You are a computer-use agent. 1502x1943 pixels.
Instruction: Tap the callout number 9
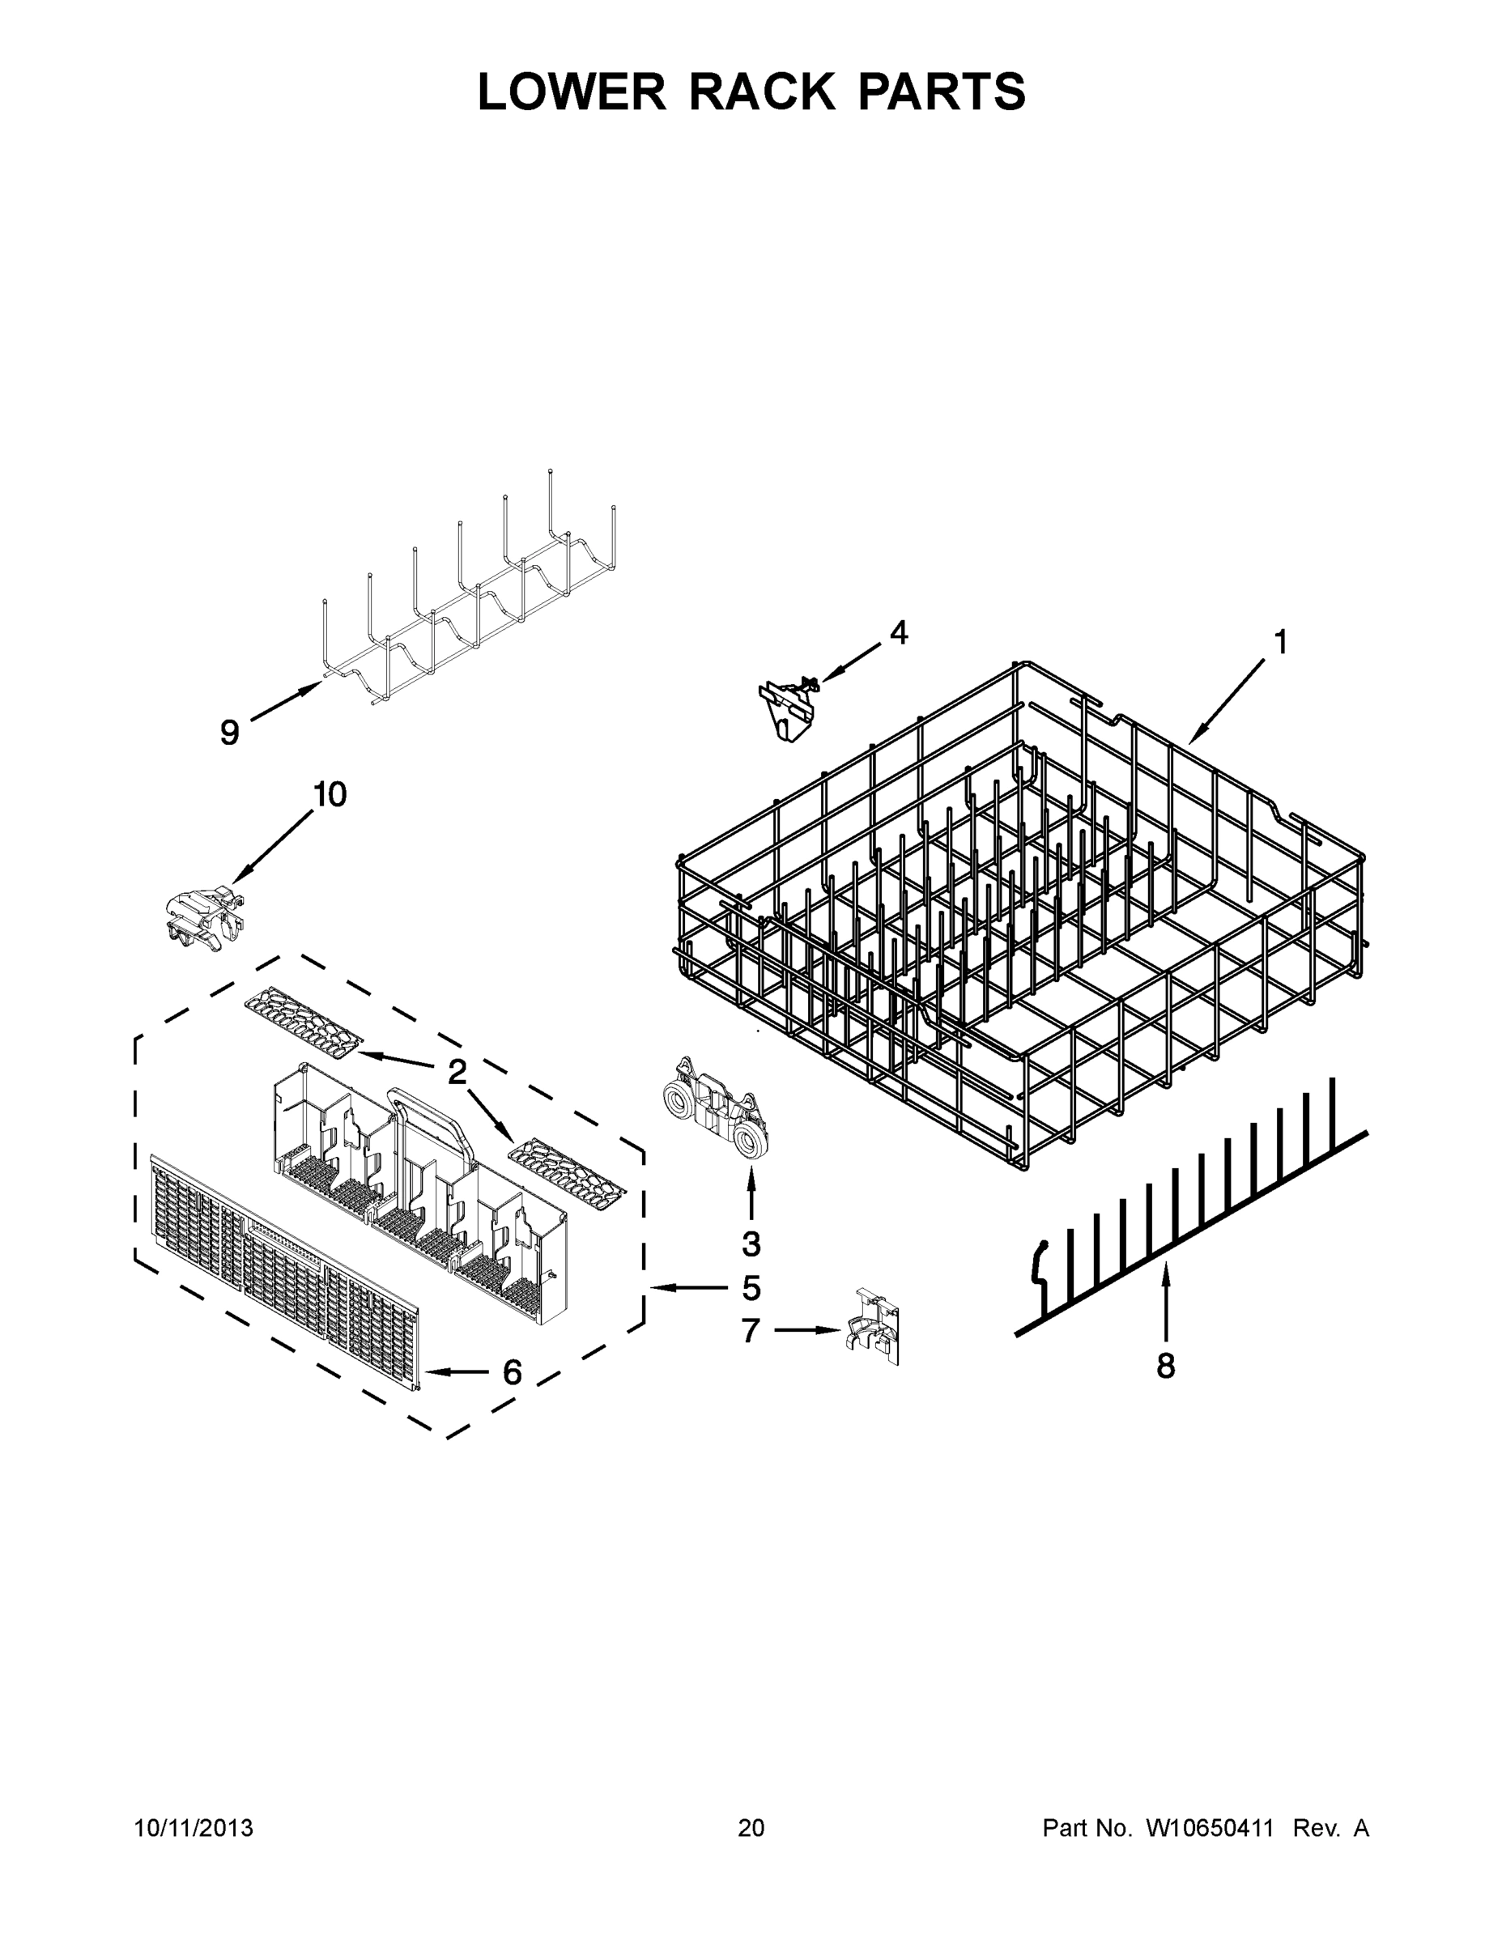click(x=230, y=733)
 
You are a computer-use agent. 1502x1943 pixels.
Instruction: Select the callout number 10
click(x=330, y=794)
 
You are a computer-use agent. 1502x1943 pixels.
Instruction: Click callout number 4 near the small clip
click(x=899, y=633)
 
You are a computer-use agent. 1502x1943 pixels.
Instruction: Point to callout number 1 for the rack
click(x=1280, y=642)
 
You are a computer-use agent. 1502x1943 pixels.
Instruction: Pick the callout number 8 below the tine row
click(x=1166, y=1365)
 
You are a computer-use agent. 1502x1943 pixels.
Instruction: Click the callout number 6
click(x=513, y=1373)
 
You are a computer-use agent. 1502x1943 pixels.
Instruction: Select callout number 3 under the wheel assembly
click(x=751, y=1244)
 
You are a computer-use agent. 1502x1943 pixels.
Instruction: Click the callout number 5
click(x=751, y=1288)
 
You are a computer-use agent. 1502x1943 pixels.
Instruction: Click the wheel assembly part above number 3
click(x=714, y=1107)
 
